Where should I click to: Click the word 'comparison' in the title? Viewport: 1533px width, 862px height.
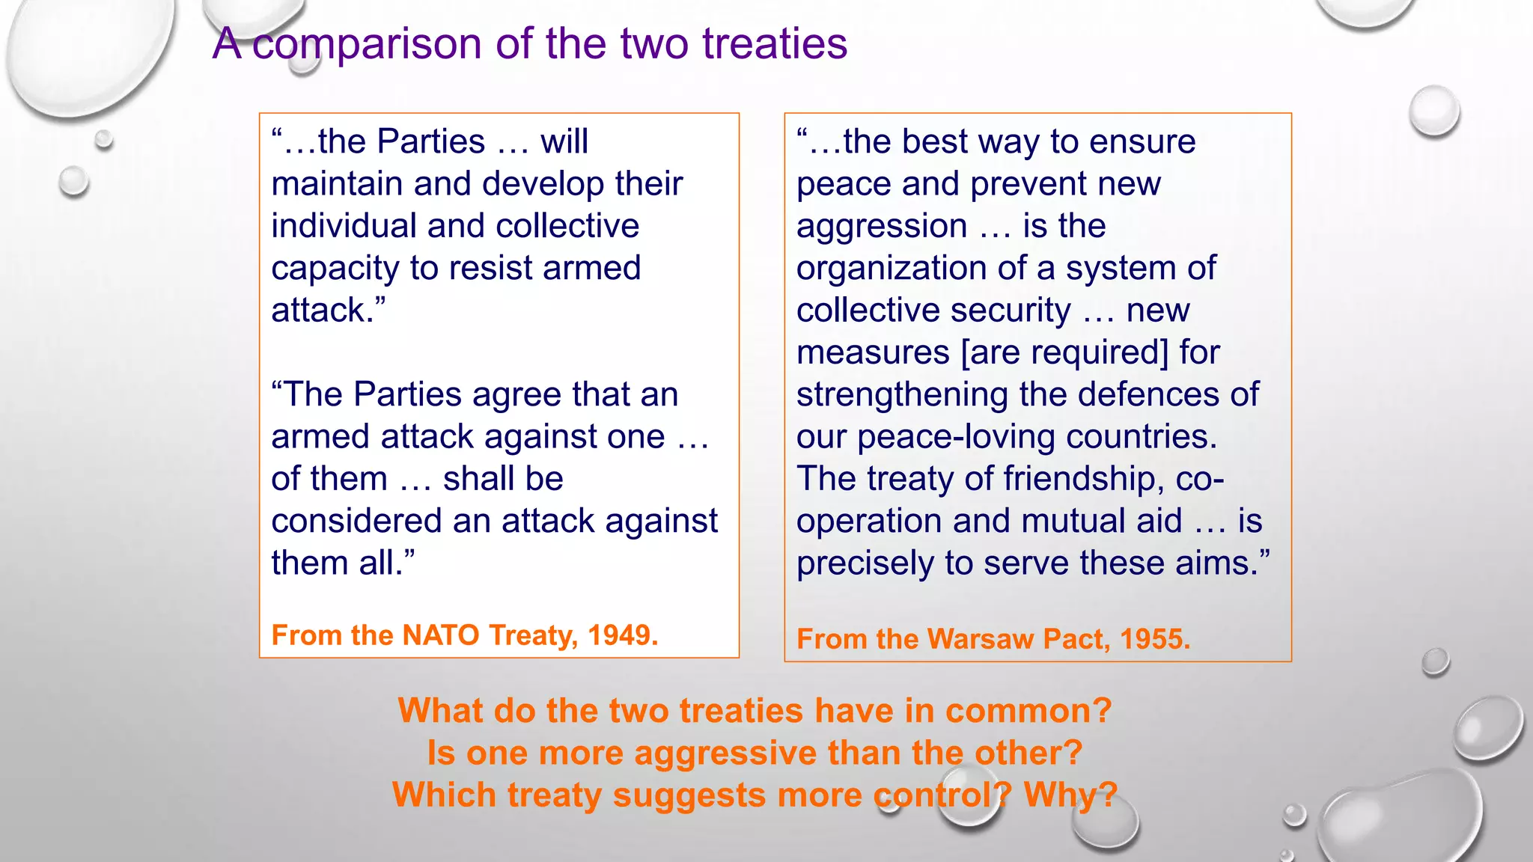367,43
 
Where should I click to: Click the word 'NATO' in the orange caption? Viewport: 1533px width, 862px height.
440,635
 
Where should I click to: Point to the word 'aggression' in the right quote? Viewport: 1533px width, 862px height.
882,226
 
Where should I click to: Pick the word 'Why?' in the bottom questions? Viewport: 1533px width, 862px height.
1070,795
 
